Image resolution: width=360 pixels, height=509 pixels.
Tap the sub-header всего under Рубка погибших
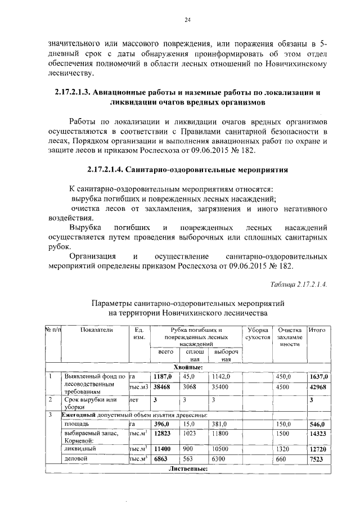165,352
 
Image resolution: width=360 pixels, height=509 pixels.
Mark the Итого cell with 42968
319,387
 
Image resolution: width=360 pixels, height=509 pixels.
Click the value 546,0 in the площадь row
319,424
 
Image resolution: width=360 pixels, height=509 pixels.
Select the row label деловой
76,459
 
